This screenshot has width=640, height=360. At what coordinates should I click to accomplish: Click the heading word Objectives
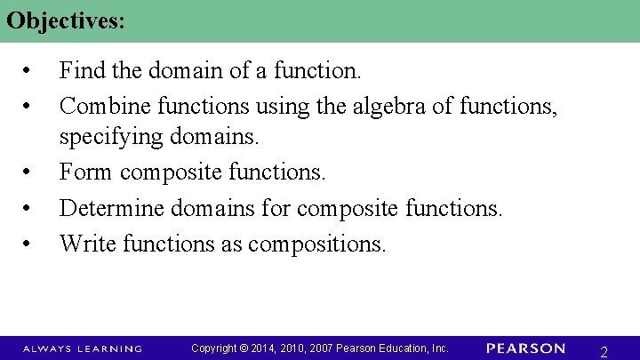click(64, 21)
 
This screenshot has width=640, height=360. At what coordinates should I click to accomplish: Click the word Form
click(86, 172)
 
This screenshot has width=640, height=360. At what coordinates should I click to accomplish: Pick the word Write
click(88, 243)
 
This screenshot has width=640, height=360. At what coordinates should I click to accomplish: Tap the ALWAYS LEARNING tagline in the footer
click(82, 348)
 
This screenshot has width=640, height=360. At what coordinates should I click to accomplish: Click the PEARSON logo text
click(526, 348)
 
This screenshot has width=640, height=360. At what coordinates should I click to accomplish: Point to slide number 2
click(604, 351)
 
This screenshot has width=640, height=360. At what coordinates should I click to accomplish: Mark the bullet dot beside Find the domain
click(29, 69)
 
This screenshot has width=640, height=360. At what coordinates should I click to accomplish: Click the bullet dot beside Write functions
click(29, 244)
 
